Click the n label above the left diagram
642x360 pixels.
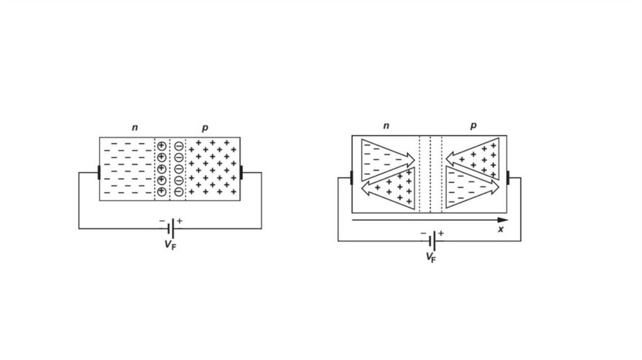pos(135,128)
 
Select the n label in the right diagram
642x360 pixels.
pos(386,126)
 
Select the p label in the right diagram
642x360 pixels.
pos(473,126)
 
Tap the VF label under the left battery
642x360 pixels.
pos(170,245)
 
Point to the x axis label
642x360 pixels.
pos(501,230)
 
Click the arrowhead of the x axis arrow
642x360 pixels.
pos(502,220)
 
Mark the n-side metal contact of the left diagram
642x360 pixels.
pos(98,172)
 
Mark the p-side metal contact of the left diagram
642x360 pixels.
pos(241,172)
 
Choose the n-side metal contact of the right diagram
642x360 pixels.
pos(351,177)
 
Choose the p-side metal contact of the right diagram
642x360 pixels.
pos(508,177)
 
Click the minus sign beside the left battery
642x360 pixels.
pos(162,221)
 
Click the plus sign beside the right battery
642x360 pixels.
pos(441,233)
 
